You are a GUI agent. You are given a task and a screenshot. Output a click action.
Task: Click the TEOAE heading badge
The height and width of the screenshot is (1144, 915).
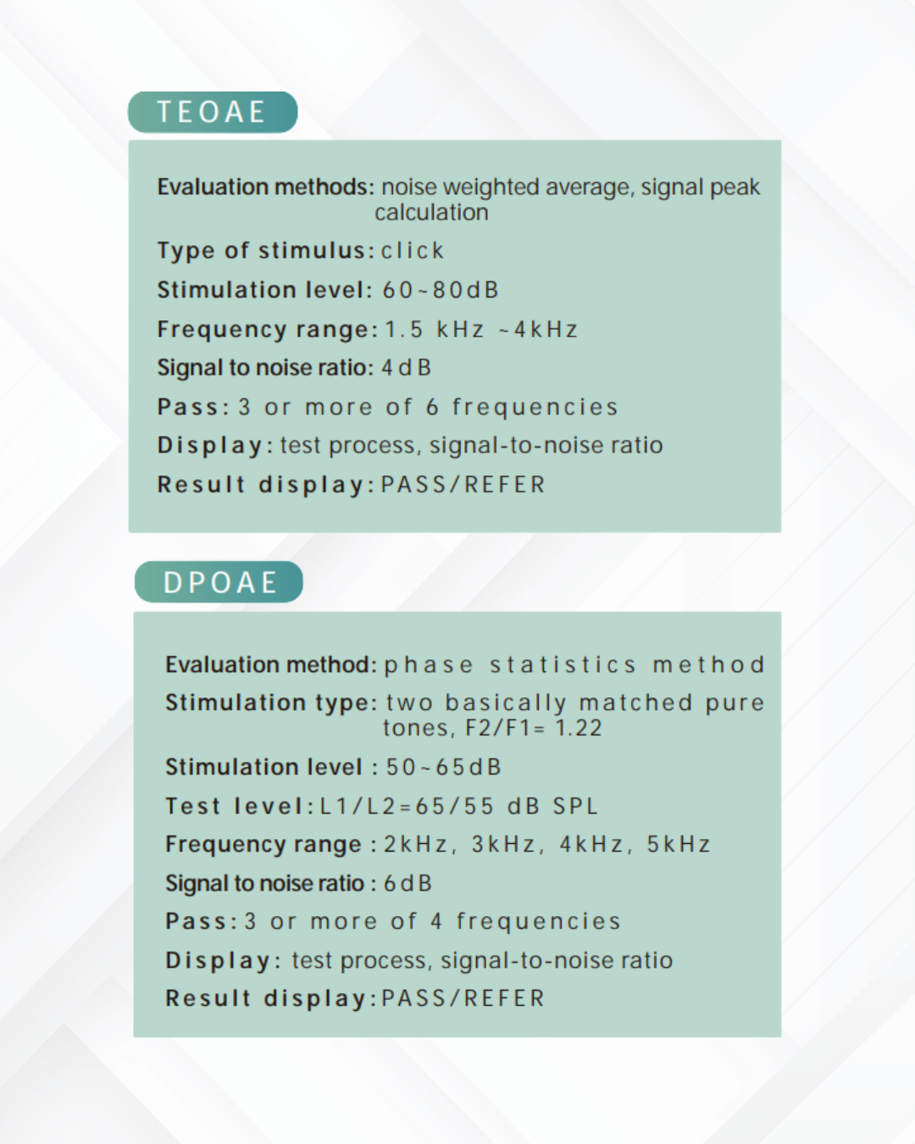click(212, 112)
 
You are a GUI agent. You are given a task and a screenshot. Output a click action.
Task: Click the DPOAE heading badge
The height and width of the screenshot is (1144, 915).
click(219, 582)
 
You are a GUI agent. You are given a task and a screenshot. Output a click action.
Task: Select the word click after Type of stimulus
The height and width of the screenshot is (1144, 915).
click(413, 251)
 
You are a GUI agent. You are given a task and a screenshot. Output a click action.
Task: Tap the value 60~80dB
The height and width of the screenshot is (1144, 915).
click(440, 290)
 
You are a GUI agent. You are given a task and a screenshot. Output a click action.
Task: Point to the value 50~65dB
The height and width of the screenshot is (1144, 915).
click(443, 767)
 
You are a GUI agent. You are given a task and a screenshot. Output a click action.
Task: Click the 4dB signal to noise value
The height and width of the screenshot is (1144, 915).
click(406, 368)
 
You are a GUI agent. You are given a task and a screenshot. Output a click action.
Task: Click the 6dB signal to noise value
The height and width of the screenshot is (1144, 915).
click(408, 883)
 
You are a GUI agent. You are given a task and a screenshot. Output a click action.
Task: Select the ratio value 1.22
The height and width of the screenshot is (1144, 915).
click(578, 728)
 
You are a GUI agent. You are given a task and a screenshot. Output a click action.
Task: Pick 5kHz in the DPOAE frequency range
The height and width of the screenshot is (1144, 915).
click(678, 844)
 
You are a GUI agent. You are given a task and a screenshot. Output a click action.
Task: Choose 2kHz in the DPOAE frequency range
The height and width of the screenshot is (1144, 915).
click(415, 844)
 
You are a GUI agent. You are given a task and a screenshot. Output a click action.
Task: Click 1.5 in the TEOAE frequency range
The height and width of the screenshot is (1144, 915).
click(403, 329)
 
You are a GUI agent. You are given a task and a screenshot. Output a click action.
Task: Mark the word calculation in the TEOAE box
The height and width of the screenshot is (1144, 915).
click(431, 212)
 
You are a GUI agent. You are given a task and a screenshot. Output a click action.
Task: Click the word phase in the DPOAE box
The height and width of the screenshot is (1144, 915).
click(428, 665)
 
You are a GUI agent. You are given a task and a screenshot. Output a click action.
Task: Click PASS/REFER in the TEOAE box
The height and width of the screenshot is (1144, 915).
click(463, 485)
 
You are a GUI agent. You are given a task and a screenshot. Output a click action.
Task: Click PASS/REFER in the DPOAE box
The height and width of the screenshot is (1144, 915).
click(463, 998)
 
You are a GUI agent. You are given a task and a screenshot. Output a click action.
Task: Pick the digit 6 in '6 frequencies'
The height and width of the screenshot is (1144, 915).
click(432, 407)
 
